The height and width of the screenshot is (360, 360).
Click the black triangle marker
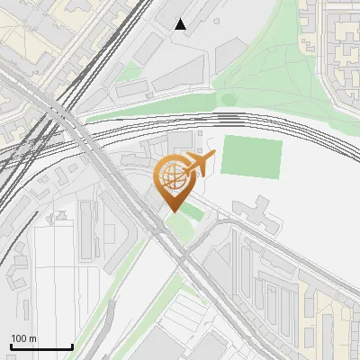(x=181, y=24)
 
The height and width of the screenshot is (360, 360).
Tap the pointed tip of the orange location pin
(x=172, y=211)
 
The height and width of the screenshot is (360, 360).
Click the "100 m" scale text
(x=23, y=338)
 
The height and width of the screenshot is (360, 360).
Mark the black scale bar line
(x=41, y=346)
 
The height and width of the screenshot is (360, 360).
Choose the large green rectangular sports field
(x=251, y=157)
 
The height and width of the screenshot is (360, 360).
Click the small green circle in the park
(x=229, y=99)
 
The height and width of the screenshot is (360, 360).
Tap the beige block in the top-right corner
(x=340, y=40)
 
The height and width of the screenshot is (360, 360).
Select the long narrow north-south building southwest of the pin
(x=87, y=229)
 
